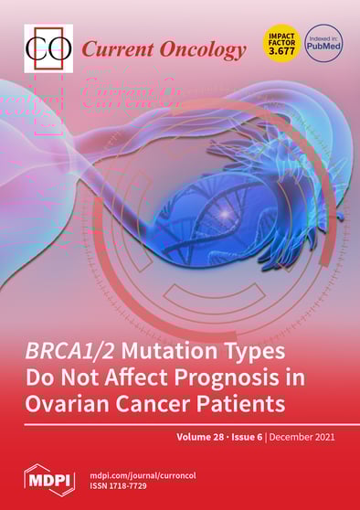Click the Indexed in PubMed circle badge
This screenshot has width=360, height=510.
323,42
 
